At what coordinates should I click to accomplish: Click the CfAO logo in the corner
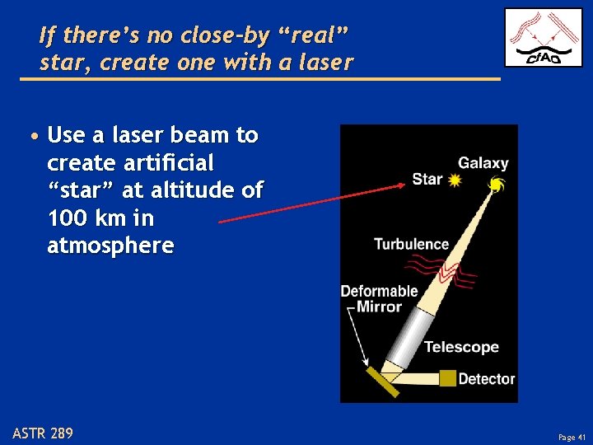pos(543,38)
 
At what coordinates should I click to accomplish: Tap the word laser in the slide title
pos(320,62)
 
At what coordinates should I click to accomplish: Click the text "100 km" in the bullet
pos(83,218)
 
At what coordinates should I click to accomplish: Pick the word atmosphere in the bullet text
pos(111,246)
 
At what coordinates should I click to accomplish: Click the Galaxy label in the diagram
pos(483,163)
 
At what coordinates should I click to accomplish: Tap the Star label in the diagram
pos(427,179)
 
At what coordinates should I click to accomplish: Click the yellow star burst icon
pos(455,180)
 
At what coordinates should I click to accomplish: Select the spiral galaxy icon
pos(497,185)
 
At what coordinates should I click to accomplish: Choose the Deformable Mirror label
pos(379,298)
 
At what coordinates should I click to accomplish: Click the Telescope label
pos(461,347)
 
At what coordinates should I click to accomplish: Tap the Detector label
pos(486,379)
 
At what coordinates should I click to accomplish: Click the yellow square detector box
pos(447,378)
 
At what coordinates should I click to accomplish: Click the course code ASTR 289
pos(43,432)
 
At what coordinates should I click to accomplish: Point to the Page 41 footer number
pos(570,437)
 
